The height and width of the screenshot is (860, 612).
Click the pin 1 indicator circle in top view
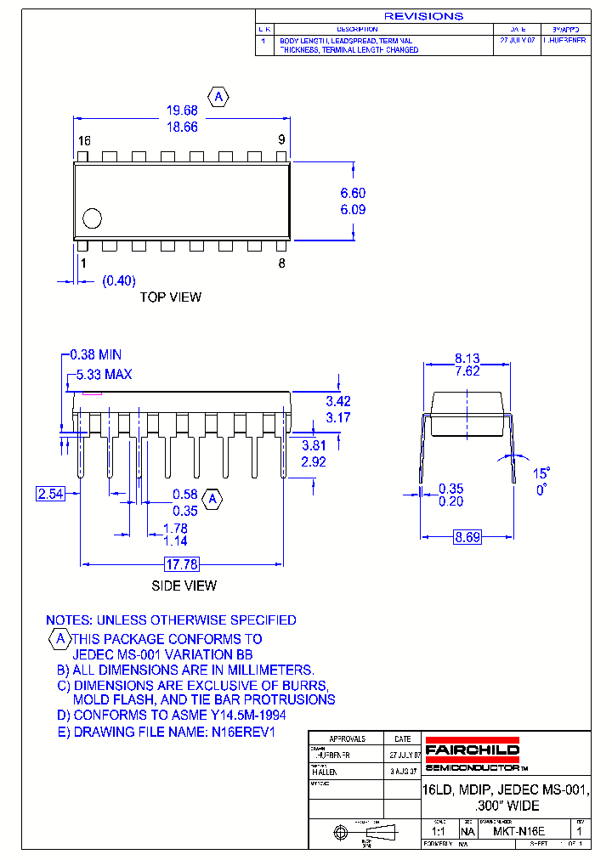pos(91,218)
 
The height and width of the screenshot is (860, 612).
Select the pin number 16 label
pos(83,140)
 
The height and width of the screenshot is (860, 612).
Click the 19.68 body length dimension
pos(181,110)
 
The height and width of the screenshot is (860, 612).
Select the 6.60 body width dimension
pos(353,194)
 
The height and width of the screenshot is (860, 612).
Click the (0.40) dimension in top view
pos(119,280)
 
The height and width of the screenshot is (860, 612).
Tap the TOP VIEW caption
pos(171,297)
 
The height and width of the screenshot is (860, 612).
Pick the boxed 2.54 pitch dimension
pos(49,493)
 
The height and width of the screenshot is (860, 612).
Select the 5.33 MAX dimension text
pos(103,374)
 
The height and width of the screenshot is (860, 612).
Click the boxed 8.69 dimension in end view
pos(467,537)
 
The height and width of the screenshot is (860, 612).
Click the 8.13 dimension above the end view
pos(467,359)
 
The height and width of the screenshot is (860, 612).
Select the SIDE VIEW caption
pos(184,586)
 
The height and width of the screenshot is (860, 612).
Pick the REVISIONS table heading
pos(423,16)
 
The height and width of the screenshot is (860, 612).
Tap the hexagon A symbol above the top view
pos(218,98)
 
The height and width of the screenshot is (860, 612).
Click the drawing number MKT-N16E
pos(518,831)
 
